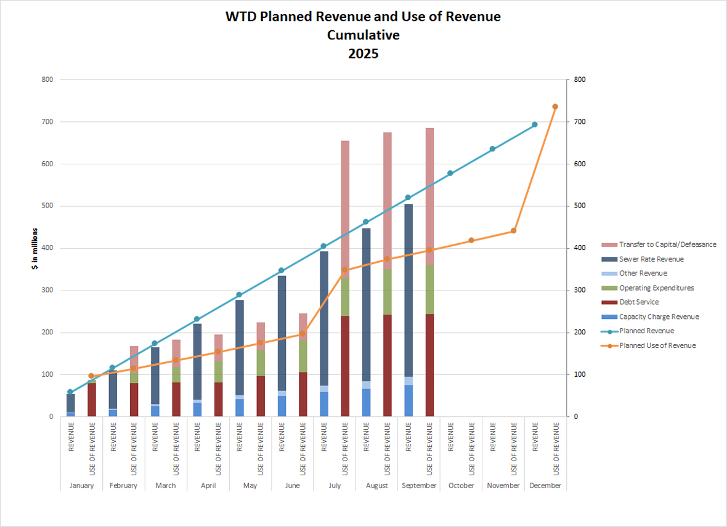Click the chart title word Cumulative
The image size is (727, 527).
(x=363, y=35)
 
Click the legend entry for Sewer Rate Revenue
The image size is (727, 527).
(x=651, y=259)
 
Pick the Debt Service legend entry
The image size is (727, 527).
(x=639, y=302)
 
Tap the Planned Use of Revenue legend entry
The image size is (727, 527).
(x=657, y=346)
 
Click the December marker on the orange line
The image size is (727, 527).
(x=555, y=107)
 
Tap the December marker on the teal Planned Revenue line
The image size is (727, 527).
(x=534, y=124)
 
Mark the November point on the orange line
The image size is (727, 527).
(x=513, y=231)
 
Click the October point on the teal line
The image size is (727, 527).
(x=450, y=173)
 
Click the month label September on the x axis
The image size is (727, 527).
(x=419, y=485)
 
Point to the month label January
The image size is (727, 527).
(x=81, y=485)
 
